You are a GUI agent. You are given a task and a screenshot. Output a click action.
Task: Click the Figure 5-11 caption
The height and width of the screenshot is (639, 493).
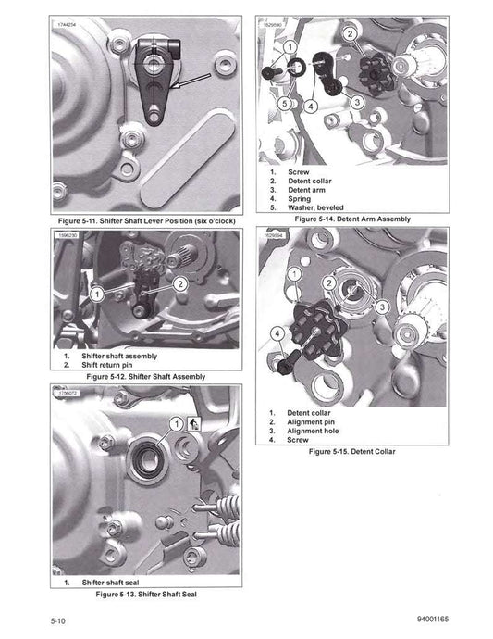click(x=144, y=222)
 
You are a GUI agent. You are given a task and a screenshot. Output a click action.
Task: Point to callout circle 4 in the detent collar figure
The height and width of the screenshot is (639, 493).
click(x=277, y=331)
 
